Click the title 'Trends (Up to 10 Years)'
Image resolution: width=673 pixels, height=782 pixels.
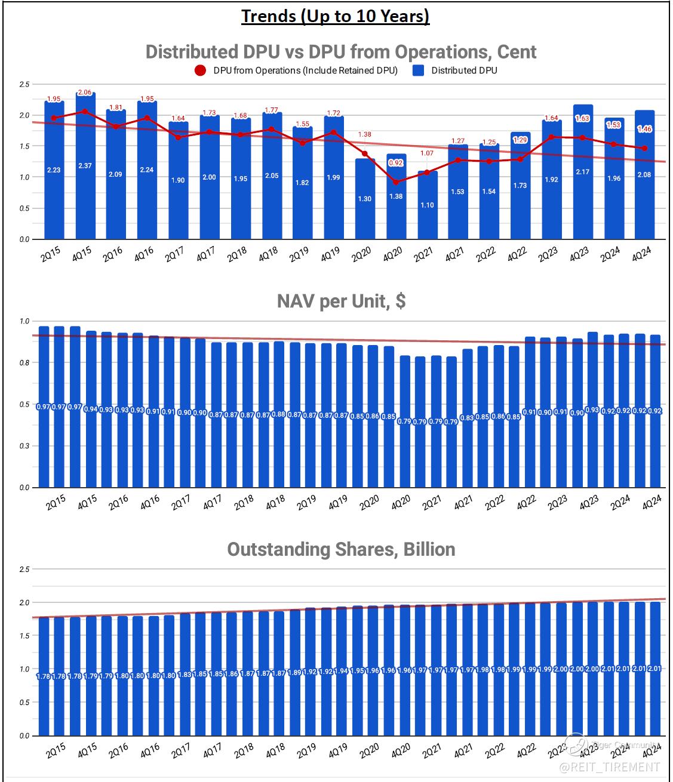point(336,16)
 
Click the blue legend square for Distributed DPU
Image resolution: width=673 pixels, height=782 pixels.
point(419,70)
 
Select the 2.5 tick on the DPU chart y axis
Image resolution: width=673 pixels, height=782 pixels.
point(24,84)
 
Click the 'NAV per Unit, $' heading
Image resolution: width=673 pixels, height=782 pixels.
point(341,301)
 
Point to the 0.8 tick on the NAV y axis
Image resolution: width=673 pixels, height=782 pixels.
point(24,362)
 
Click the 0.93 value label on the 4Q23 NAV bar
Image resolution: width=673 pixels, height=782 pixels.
point(592,410)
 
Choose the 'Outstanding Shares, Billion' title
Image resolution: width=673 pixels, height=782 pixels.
point(341,549)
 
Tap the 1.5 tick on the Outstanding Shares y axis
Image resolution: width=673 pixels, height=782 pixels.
point(24,636)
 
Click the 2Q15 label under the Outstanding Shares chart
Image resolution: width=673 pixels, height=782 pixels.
point(56,752)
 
